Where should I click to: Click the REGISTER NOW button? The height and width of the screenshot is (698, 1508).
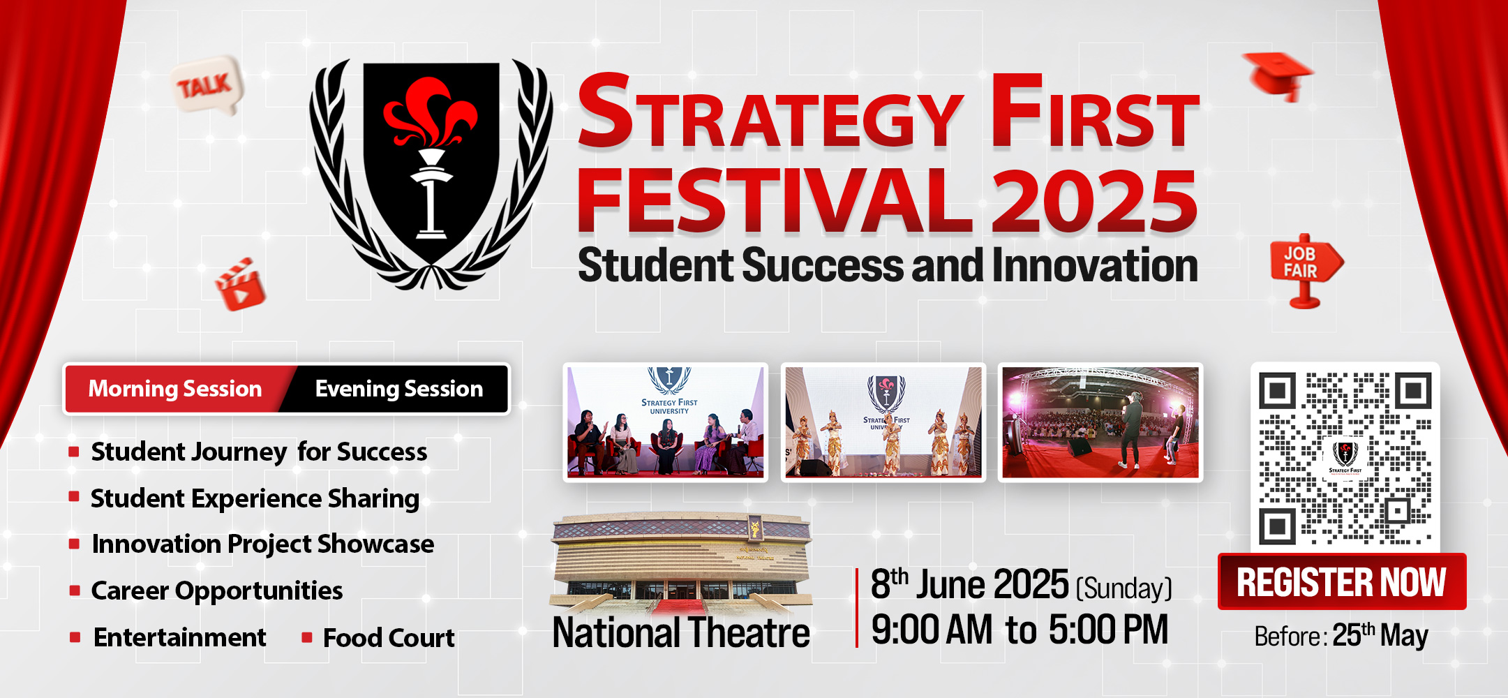tap(1341, 581)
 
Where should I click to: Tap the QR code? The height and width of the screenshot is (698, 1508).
tap(1345, 458)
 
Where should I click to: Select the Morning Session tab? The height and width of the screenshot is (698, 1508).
tap(176, 389)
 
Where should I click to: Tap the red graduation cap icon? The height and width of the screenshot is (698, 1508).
tap(1278, 75)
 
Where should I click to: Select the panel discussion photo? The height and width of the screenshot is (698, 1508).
tap(666, 422)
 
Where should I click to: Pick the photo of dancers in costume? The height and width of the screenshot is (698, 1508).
tap(883, 422)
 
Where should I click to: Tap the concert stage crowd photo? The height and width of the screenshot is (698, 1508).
tap(1100, 422)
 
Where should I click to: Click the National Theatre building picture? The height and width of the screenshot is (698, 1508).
tap(681, 564)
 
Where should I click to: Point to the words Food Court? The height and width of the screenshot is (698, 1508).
tap(389, 638)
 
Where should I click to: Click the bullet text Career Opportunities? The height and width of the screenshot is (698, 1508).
tap(217, 591)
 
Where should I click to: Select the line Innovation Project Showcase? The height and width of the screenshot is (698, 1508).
tap(263, 544)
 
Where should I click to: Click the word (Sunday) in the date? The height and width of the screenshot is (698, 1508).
tap(1124, 588)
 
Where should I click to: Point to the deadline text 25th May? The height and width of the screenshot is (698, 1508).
tap(1380, 635)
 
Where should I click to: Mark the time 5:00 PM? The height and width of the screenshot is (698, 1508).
tap(1108, 630)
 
